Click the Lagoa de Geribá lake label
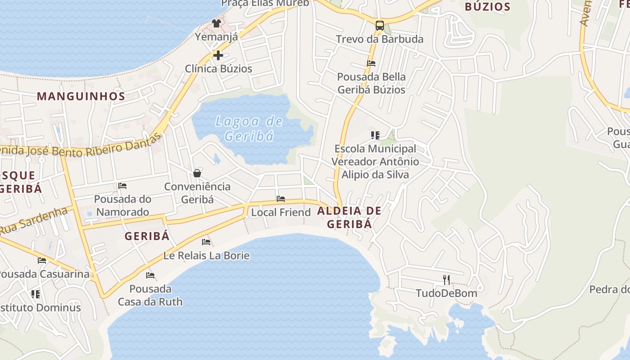click(249, 128)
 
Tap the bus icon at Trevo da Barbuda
click(380, 25)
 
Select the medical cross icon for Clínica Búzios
click(218, 55)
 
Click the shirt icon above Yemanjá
click(216, 23)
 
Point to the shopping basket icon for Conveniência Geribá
click(197, 173)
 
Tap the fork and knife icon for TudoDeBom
click(446, 280)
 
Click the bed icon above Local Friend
click(281, 199)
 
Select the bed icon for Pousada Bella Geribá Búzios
click(371, 63)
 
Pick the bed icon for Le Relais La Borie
click(206, 242)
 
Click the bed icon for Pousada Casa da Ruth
click(150, 275)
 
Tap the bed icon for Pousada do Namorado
click(122, 186)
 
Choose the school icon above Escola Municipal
click(375, 135)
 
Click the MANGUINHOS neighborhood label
click(81, 96)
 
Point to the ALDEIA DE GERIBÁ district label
click(350, 217)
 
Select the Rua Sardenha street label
click(34, 221)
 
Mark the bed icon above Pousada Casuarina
click(42, 261)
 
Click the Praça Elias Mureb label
click(265, 4)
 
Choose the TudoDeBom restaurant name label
click(446, 293)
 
